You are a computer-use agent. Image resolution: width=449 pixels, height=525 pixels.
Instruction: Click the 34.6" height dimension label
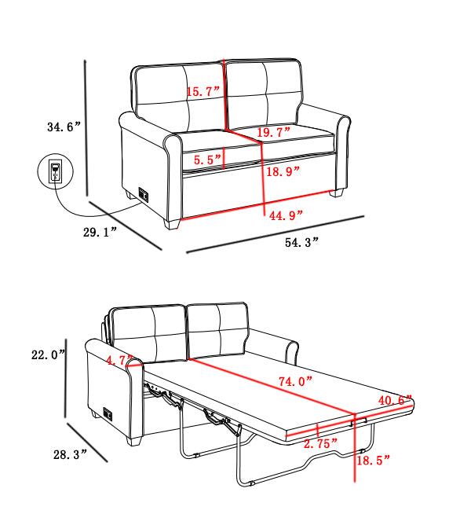coord(64,126)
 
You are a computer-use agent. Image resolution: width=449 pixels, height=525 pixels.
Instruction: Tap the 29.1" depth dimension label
coord(100,230)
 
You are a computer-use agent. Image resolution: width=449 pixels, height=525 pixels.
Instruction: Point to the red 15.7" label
coord(203,91)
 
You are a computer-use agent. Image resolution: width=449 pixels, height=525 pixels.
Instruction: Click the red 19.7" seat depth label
coord(273,132)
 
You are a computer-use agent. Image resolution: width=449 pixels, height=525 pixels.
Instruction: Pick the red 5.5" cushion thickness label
coord(208,159)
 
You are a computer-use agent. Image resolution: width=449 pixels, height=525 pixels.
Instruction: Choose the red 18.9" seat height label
coord(283,172)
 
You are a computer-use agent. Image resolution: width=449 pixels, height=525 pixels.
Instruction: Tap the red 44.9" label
coord(286,215)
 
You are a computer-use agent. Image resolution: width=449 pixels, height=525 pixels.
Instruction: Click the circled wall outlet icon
coord(54,172)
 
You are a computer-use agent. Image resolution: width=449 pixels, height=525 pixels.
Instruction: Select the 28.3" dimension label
coord(70,453)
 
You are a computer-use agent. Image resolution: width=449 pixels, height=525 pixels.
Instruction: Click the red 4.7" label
coord(119,361)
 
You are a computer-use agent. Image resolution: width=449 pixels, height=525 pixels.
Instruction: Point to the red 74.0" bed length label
coord(295,381)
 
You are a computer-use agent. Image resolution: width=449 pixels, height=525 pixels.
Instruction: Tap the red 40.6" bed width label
coord(395,400)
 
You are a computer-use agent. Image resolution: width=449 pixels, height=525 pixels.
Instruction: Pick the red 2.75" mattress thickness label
coord(320,443)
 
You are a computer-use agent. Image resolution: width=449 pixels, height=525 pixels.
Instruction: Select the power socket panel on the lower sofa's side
coord(105,412)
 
